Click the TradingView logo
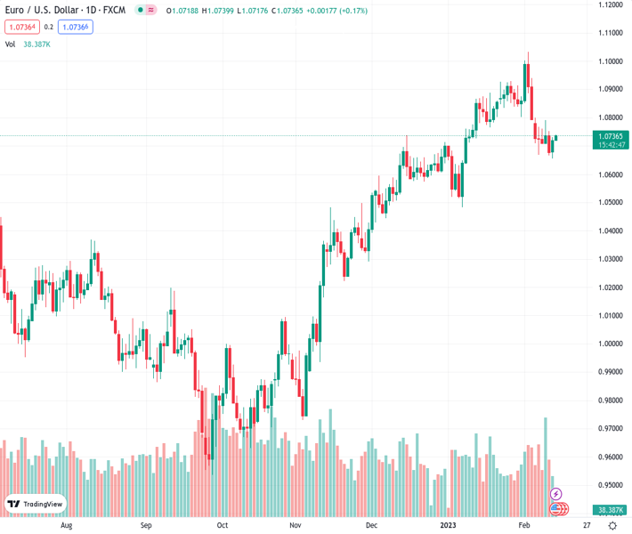36,504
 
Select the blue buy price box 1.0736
77,27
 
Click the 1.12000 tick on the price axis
610,4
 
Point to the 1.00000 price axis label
610,344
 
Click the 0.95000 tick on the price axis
610,485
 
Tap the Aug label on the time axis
66,525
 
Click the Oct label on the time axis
223,525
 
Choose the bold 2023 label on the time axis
449,525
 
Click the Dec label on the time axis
371,525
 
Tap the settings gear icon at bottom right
613,525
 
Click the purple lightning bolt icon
556,494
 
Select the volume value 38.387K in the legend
36,44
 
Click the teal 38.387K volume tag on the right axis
610,510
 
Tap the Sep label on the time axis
146,525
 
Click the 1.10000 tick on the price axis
610,61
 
